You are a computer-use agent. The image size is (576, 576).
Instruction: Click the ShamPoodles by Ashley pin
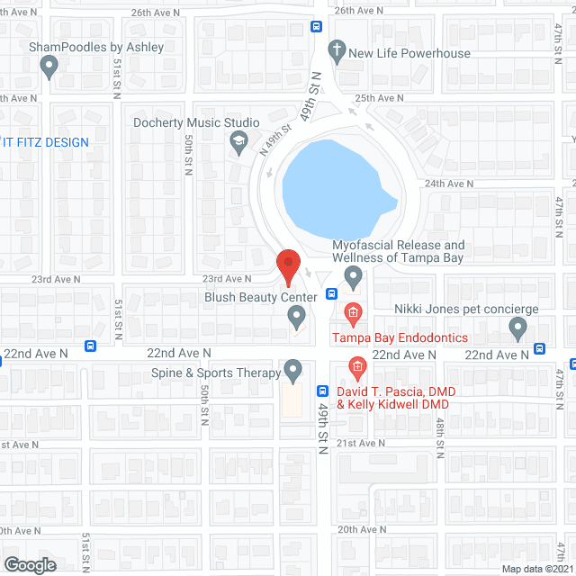pyautogui.click(x=49, y=65)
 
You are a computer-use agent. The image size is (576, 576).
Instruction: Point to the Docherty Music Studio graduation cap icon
pyautogui.click(x=238, y=140)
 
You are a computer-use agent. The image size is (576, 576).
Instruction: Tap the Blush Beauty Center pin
pyautogui.click(x=296, y=316)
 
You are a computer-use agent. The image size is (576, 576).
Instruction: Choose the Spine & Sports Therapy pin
pyautogui.click(x=292, y=370)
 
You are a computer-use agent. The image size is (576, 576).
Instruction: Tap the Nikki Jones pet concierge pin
pyautogui.click(x=517, y=329)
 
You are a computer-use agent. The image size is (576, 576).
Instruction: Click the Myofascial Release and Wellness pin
pyautogui.click(x=353, y=277)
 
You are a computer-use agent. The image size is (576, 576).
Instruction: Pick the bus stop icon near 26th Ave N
pyautogui.click(x=316, y=26)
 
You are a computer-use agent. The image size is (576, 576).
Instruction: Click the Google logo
pyautogui.click(x=29, y=564)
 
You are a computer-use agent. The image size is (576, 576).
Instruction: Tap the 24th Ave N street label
pyautogui.click(x=448, y=184)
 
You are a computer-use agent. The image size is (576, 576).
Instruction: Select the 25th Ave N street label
pyautogui.click(x=379, y=98)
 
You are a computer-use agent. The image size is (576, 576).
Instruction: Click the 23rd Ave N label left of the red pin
pyautogui.click(x=226, y=279)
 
